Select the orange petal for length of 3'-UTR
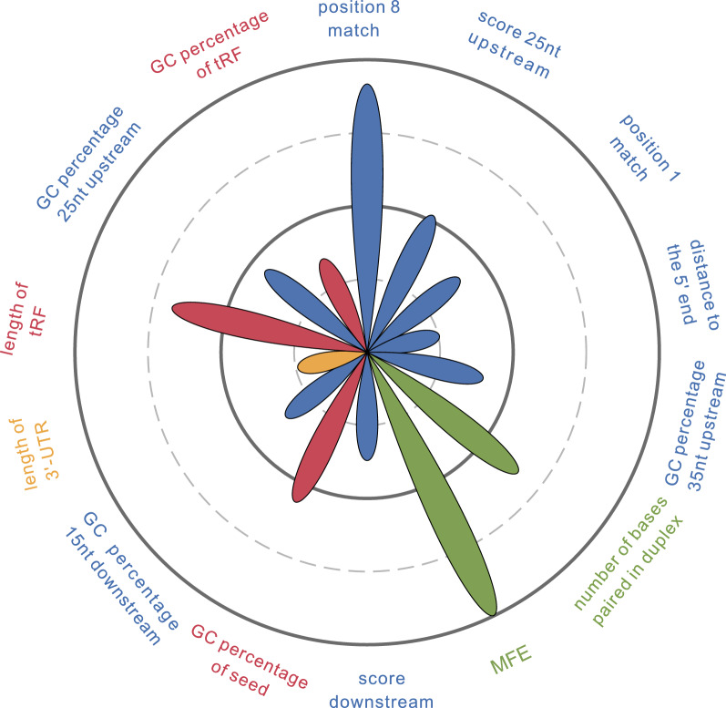pos(324,362)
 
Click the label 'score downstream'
pos(381,690)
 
